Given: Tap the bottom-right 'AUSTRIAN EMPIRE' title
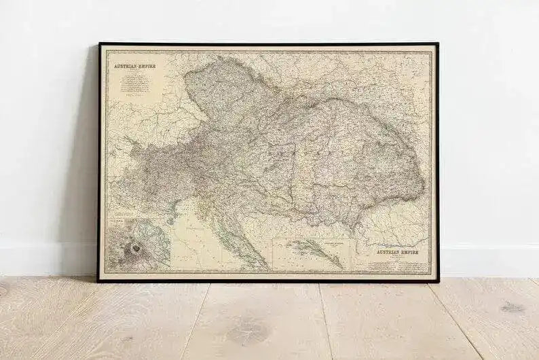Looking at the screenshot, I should (394, 253).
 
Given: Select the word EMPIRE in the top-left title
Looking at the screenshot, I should (144, 66).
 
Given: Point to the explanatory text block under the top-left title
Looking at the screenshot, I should (134, 85).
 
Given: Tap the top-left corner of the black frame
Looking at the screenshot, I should (99, 44).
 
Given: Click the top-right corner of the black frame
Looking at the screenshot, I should (438, 44).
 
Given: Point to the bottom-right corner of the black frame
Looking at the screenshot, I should (439, 280).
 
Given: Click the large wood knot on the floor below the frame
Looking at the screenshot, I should (246, 333).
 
